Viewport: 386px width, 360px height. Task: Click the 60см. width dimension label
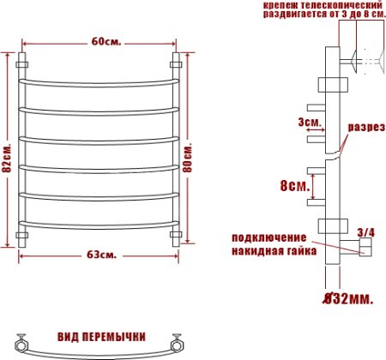[x=100, y=42]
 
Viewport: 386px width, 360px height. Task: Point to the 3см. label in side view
[x=307, y=123]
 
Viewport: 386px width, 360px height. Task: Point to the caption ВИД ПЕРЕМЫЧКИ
[x=101, y=336]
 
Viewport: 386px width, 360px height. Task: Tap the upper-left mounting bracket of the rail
[x=23, y=63]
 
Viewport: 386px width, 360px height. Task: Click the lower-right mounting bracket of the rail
[x=178, y=233]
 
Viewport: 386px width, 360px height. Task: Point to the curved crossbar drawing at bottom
[x=100, y=351]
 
